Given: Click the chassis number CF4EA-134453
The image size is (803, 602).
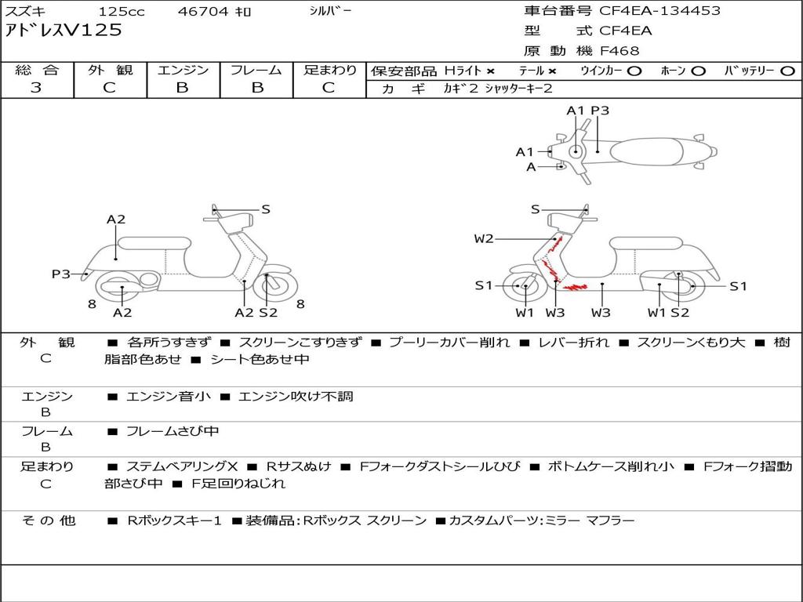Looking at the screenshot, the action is [659, 11].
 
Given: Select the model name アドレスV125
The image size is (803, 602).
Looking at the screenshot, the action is [64, 31].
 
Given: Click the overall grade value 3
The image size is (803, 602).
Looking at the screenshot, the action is [36, 88].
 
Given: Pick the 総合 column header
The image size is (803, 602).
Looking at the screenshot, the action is [37, 70].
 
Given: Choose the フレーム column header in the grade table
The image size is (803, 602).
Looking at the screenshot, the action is [256, 70].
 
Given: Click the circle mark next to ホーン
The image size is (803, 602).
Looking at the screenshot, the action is [698, 71].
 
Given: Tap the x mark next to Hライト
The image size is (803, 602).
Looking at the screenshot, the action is [491, 71].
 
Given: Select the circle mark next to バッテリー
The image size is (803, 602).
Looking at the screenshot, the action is [787, 71].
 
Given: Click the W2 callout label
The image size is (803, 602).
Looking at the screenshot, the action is [483, 238].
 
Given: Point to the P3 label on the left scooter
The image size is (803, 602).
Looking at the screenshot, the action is [61, 274].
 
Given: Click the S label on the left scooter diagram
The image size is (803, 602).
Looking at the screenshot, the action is [266, 209].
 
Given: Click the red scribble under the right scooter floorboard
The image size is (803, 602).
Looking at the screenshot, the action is [575, 287].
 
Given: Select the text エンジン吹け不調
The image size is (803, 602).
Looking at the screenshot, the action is [296, 396].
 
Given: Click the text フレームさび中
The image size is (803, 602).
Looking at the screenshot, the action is [173, 432].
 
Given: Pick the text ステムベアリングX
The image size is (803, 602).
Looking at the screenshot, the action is [182, 466].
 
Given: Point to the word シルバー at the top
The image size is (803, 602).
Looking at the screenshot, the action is [330, 11].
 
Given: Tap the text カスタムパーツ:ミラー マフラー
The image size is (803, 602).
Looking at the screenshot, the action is [542, 520].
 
